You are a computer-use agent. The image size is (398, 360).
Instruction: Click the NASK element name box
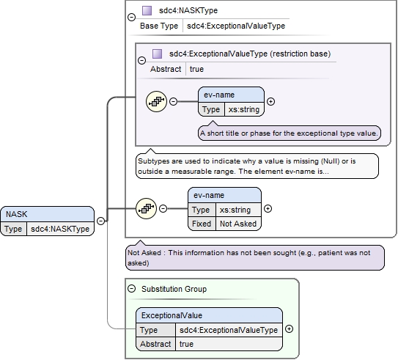pos(47,214)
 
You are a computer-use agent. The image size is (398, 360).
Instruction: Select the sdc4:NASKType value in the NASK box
pos(60,229)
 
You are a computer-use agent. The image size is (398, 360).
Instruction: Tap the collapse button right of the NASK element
pos(100,221)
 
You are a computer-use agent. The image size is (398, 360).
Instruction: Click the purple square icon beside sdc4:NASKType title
pos(147,11)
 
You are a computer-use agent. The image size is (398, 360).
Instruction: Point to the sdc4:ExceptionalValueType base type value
pos(236,26)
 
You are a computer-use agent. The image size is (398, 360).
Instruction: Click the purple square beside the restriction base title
pos(157,54)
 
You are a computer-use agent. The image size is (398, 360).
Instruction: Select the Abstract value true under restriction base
pos(196,69)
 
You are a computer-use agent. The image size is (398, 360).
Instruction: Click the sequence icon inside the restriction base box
pos(156,102)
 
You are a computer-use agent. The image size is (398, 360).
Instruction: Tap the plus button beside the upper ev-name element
pos(271,102)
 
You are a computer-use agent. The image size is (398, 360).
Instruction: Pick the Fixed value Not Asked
pos(238,224)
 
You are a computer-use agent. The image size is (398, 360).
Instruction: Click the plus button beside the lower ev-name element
pos(268,209)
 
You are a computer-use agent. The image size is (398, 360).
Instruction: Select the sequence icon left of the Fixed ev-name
pos(146,209)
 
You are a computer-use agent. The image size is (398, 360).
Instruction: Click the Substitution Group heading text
pos(174,289)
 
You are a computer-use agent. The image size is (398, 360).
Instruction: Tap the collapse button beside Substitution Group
pos(131,289)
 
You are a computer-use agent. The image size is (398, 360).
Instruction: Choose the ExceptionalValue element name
pos(172,315)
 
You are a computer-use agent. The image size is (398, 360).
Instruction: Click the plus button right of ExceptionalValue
pos(289,329)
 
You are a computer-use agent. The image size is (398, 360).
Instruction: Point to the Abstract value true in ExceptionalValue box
pos(186,344)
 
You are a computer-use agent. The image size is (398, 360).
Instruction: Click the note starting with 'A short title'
pos(289,133)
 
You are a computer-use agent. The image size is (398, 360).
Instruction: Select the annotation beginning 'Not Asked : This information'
pos(255,257)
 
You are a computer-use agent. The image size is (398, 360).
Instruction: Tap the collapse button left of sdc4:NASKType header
pos(131,18)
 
